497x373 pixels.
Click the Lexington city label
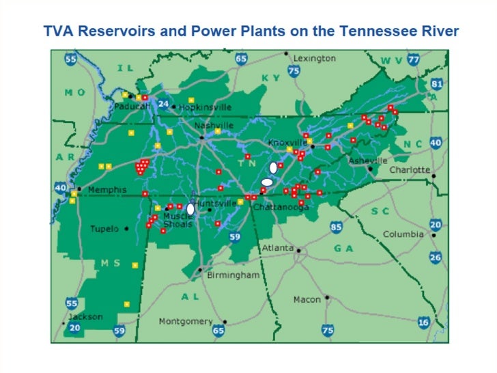coord(315,59)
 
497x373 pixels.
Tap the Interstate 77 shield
coord(412,60)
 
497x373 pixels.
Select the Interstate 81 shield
coord(437,84)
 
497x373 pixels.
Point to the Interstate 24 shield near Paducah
coord(162,104)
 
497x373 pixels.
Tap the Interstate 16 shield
coord(423,322)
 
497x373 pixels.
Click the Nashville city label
coord(214,126)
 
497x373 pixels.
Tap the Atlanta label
coord(278,247)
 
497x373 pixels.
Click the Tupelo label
coord(104,229)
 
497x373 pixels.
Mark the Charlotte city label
coord(410,169)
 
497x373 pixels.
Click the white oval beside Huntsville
coord(190,209)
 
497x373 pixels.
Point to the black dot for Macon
coord(328,298)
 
